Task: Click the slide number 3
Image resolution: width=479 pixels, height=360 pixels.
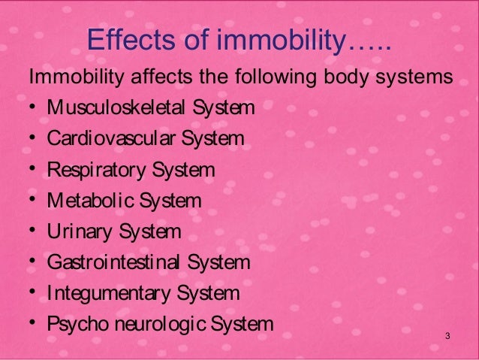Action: (447, 334)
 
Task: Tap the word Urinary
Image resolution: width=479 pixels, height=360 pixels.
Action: (78, 231)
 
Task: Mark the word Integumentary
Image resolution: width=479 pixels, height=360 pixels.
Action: (105, 294)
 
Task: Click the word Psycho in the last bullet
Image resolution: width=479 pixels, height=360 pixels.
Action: (72, 325)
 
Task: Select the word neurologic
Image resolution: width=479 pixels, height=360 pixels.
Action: (155, 325)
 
